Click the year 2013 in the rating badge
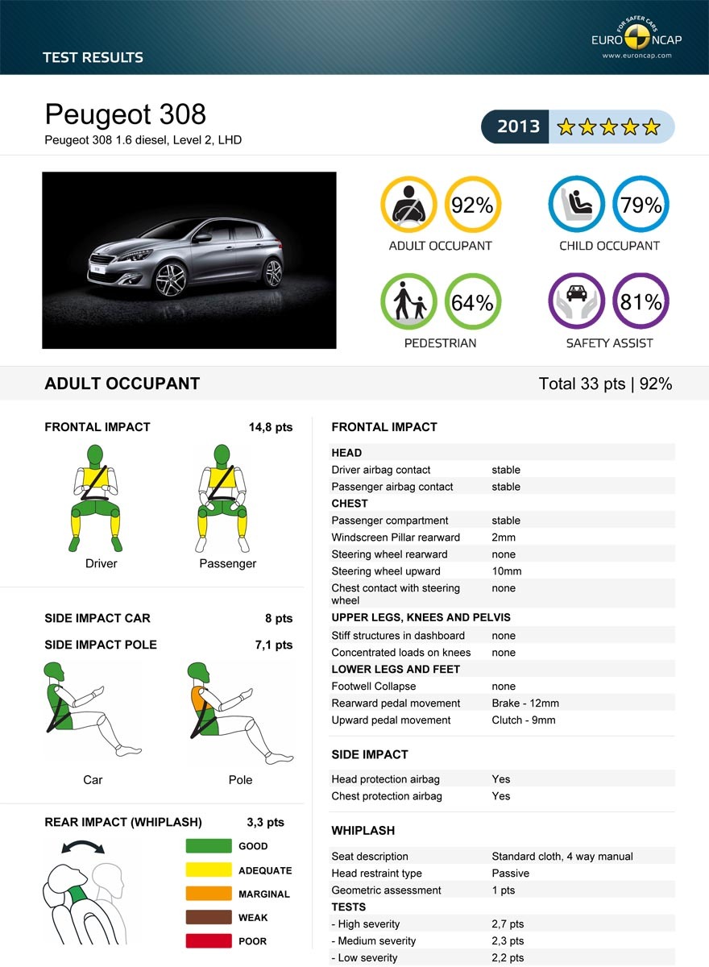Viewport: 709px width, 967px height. point(518,127)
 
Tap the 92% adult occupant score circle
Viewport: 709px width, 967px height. point(472,205)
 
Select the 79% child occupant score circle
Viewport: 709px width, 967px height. point(641,205)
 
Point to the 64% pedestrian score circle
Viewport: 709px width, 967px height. point(472,302)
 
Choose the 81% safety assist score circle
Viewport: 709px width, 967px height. point(641,302)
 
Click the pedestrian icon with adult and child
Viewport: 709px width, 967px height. point(409,302)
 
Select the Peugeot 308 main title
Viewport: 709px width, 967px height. point(126,114)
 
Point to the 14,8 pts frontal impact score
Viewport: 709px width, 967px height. point(270,427)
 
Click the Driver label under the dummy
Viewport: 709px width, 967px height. point(102,563)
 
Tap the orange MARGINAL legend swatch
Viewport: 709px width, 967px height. point(209,894)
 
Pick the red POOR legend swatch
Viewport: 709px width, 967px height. point(209,941)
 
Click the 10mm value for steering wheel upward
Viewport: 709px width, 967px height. point(507,571)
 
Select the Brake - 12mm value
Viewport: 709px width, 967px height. point(525,703)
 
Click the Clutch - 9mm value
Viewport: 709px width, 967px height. point(524,720)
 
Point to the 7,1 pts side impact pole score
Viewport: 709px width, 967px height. point(273,645)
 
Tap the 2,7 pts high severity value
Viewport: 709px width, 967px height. point(508,924)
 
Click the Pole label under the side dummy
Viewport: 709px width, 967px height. point(240,780)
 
